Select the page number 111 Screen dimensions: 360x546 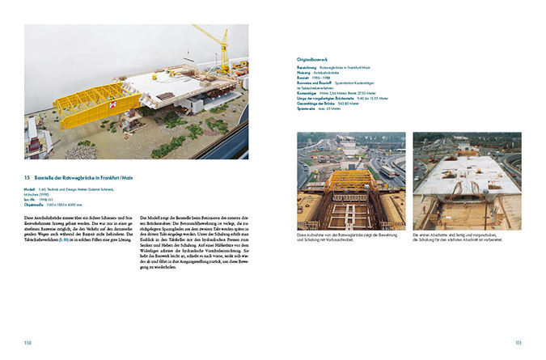click(x=518, y=343)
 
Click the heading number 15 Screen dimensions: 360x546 click(x=28, y=177)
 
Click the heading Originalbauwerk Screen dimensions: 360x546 click(x=317, y=58)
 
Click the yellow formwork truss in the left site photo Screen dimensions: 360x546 click(x=349, y=180)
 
